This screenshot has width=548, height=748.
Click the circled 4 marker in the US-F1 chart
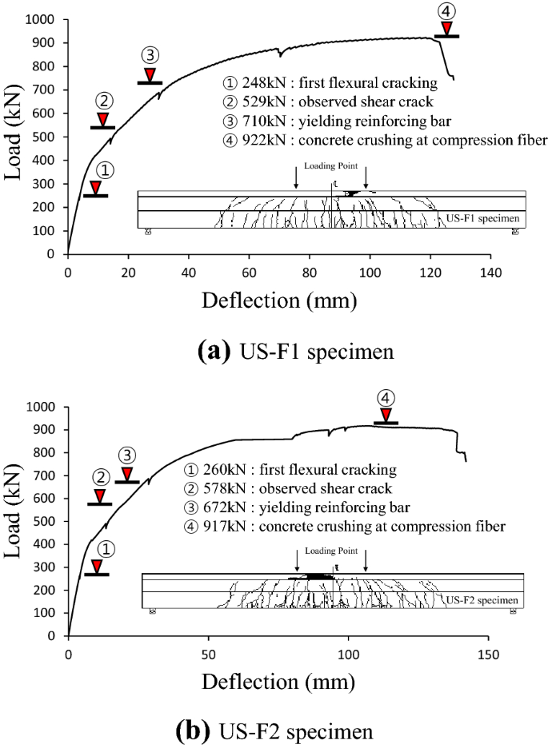[446, 11]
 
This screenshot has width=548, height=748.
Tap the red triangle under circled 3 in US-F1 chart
[150, 74]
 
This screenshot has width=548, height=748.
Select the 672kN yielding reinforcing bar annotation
[297, 507]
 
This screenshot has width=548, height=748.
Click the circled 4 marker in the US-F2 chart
[386, 398]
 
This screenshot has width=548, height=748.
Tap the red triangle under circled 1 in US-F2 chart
[96, 567]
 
